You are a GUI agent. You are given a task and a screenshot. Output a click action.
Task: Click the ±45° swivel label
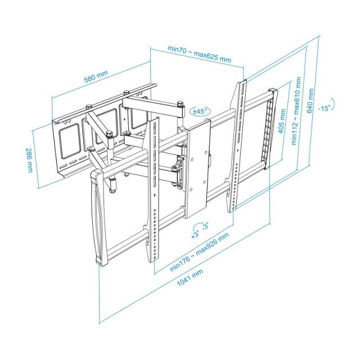200,111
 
